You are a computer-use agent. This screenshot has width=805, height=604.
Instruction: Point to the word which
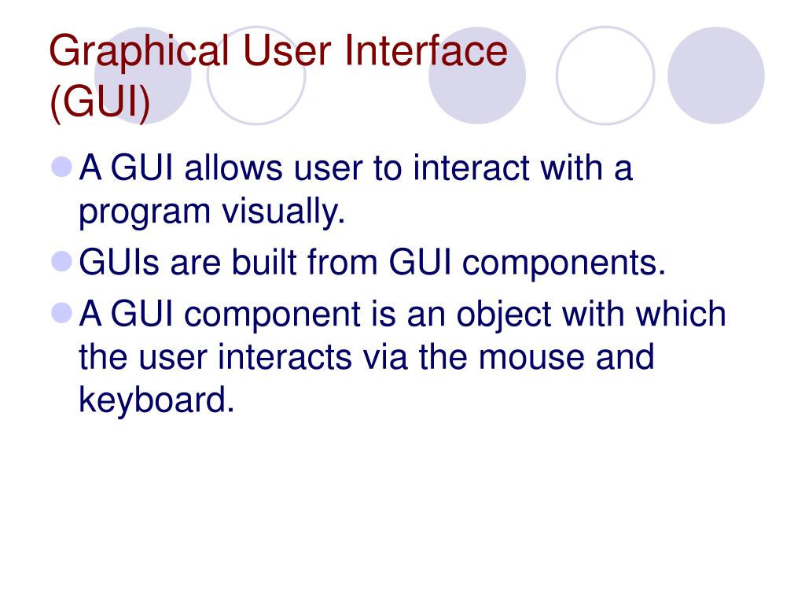point(682,314)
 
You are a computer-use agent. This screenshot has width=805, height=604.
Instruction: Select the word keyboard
point(156,401)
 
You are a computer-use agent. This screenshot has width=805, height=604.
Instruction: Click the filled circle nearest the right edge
point(715,76)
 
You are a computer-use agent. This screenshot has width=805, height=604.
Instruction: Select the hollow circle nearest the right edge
point(605,76)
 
